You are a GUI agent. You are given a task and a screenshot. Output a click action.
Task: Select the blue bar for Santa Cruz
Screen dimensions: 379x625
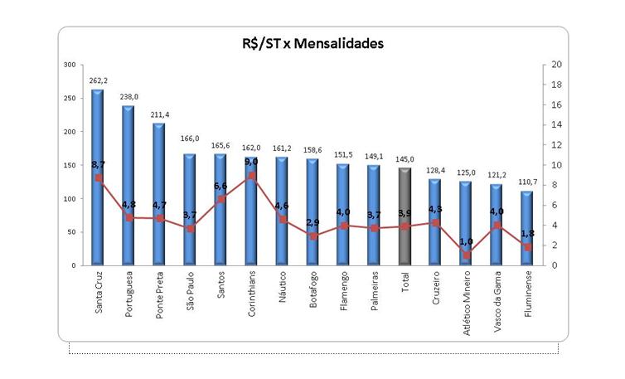[98, 178]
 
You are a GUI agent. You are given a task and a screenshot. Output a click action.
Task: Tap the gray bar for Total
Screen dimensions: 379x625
[405, 216]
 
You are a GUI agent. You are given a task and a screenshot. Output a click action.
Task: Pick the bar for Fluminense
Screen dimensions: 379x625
[527, 228]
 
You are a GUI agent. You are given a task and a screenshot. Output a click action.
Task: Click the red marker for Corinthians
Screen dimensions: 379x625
[251, 176]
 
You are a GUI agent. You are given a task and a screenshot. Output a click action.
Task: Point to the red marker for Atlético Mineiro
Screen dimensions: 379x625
[466, 255]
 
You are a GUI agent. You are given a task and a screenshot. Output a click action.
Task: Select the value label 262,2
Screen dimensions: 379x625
[98, 80]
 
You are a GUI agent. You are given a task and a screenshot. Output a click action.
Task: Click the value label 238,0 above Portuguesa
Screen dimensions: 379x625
[128, 97]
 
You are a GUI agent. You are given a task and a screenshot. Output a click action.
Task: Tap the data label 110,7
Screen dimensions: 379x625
[527, 182]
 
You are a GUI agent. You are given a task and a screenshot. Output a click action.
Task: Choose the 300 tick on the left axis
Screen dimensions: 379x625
[69, 64]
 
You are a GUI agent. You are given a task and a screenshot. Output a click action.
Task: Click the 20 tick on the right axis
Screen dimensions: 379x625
[556, 64]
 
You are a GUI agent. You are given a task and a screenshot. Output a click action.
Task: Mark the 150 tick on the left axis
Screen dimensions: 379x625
[69, 165]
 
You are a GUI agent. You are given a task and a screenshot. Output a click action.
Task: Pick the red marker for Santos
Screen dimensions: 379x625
[220, 199]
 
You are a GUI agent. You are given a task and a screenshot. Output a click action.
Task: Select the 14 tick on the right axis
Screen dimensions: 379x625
[556, 124]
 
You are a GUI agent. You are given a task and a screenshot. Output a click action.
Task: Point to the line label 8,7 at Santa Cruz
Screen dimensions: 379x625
[98, 166]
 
